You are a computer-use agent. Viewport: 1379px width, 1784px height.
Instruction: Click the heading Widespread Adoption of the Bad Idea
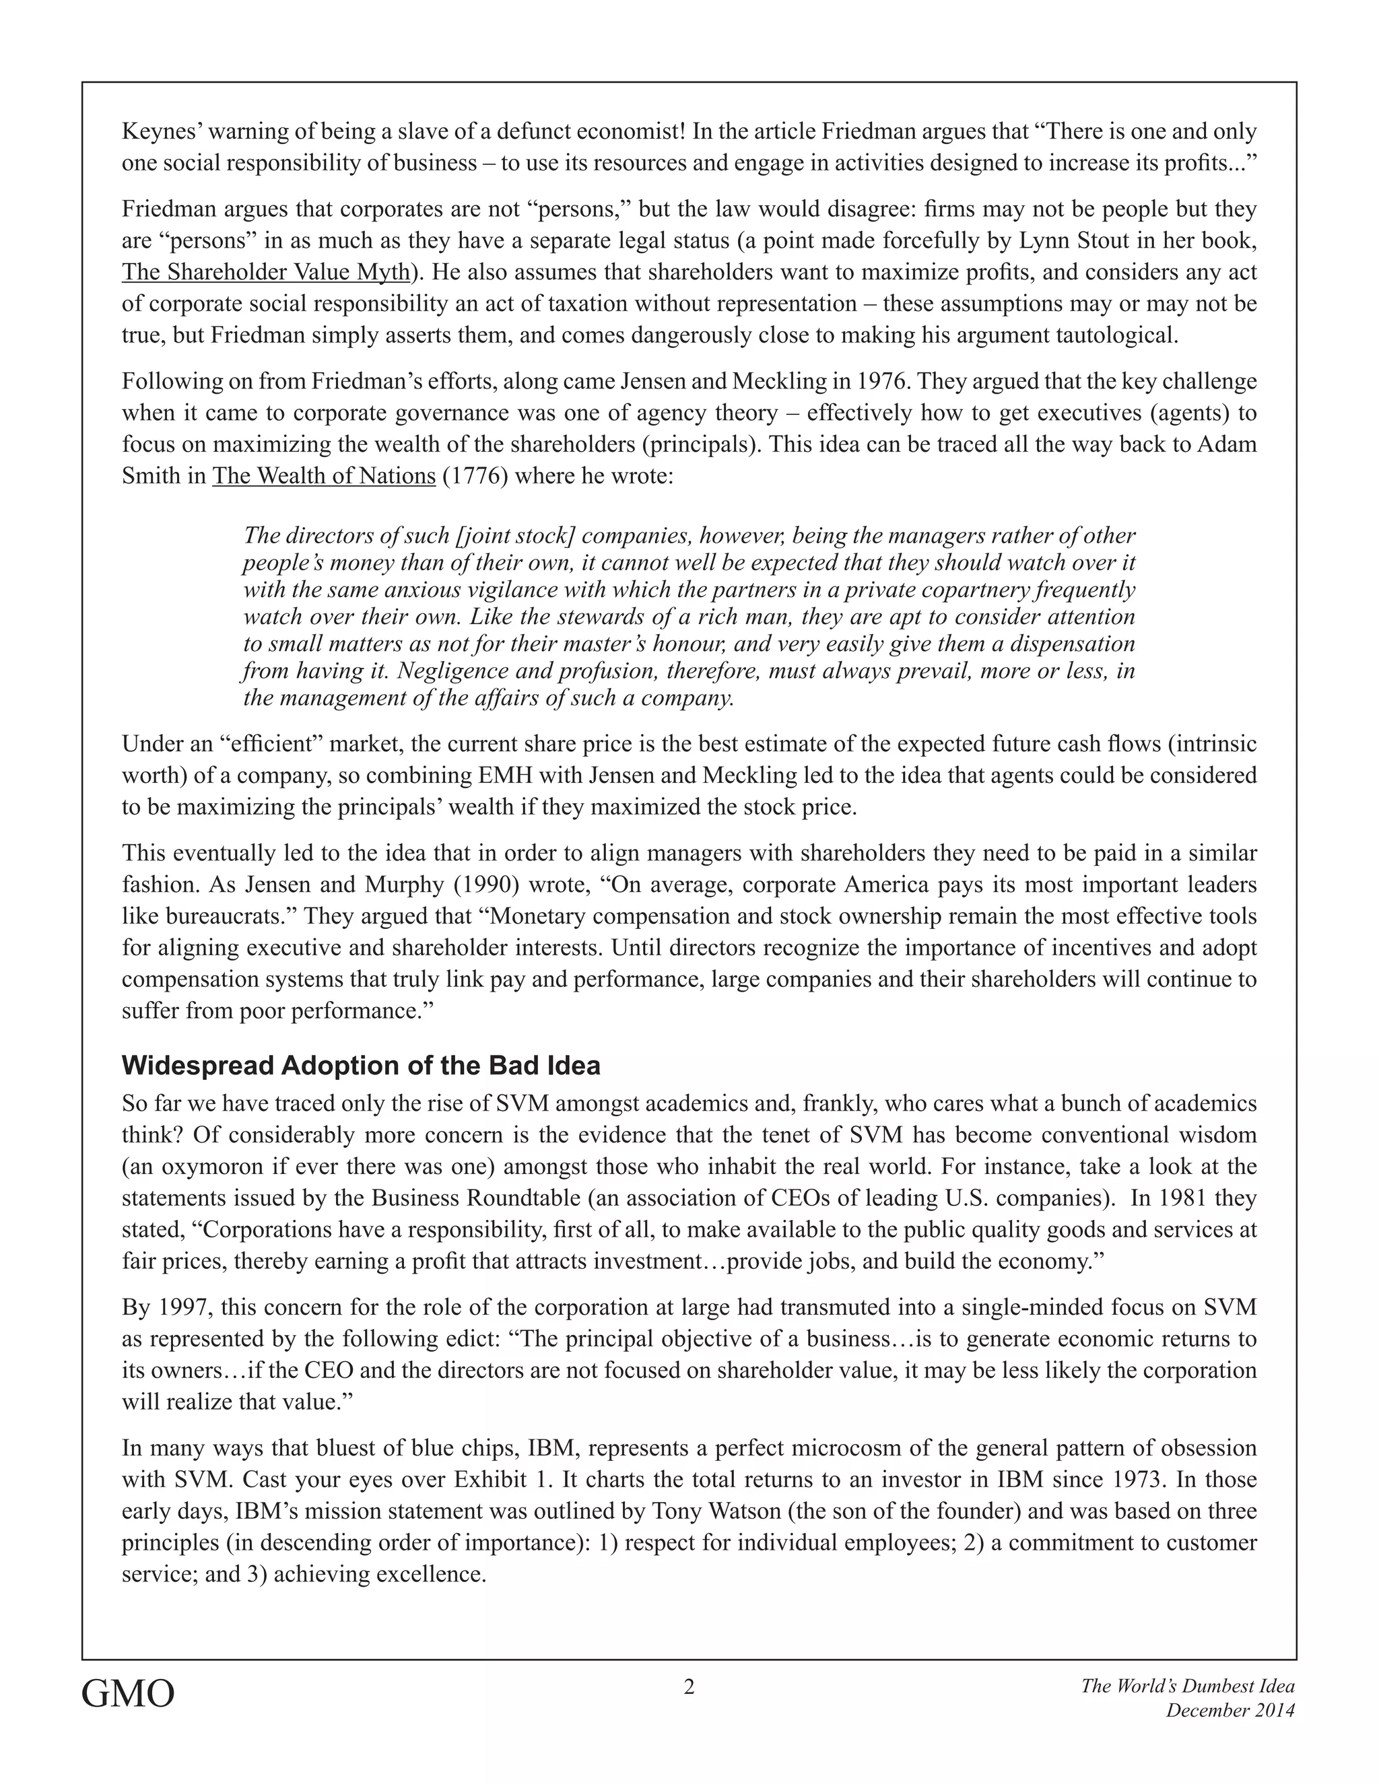(361, 1065)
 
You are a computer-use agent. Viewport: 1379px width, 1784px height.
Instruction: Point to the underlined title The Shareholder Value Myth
(265, 272)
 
